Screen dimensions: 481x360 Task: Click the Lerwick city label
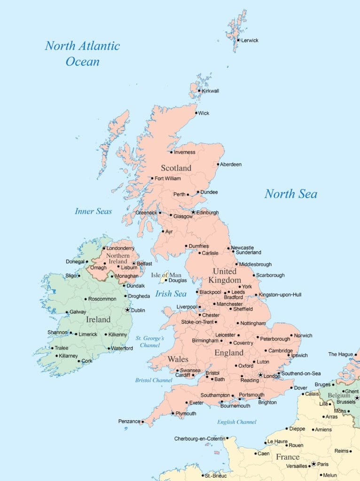pos(250,40)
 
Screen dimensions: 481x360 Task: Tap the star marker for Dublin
pos(127,310)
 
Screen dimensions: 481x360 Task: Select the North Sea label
pos(290,194)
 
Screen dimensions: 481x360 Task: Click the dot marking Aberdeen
pos(218,164)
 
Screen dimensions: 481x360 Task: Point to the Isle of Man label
pos(166,275)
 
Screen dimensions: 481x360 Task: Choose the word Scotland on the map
pos(176,168)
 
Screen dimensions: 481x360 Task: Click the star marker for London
pos(260,375)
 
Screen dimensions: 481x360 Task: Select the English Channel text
pos(236,422)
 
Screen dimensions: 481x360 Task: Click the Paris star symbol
pos(313,464)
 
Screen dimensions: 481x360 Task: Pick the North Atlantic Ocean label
pos(82,53)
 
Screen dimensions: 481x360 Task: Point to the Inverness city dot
pos(171,152)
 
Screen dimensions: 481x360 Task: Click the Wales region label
pos(178,359)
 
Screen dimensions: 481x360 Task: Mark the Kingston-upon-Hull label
pos(280,295)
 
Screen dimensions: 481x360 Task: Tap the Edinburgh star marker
pos(193,212)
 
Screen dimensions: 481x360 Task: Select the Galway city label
pos(78,312)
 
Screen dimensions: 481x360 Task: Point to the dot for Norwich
pos(291,335)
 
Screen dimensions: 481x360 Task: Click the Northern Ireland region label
pos(118,258)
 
